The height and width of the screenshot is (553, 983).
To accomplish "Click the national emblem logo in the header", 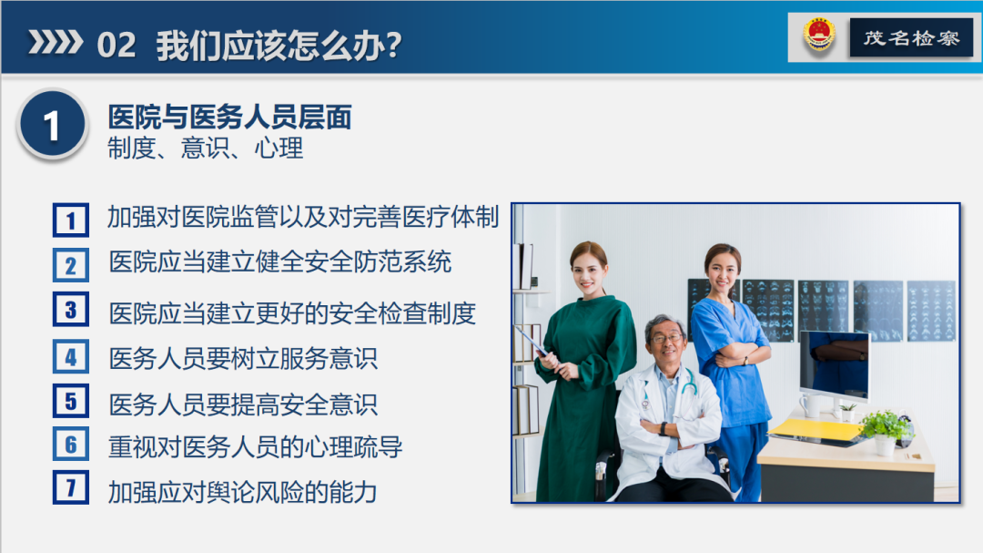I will tap(819, 36).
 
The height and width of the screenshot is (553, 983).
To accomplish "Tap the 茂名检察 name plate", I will tap(910, 38).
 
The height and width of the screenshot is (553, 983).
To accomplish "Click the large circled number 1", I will tap(52, 125).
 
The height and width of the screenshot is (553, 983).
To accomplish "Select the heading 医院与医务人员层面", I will tap(229, 117).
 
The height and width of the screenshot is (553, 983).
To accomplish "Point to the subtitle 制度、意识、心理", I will tap(205, 148).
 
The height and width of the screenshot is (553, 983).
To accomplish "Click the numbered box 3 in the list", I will tap(71, 310).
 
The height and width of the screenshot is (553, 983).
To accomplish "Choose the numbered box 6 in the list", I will tap(71, 445).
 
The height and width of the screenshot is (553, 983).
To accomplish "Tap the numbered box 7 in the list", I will tap(71, 488).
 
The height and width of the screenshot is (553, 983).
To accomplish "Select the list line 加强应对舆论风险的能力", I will tap(243, 492).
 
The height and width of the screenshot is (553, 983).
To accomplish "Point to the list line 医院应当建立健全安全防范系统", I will tap(280, 262).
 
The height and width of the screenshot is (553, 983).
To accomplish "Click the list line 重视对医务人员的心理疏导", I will tap(256, 446).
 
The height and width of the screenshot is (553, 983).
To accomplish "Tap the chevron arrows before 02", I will tap(56, 43).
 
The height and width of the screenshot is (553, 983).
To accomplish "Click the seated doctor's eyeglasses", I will tap(667, 338).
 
